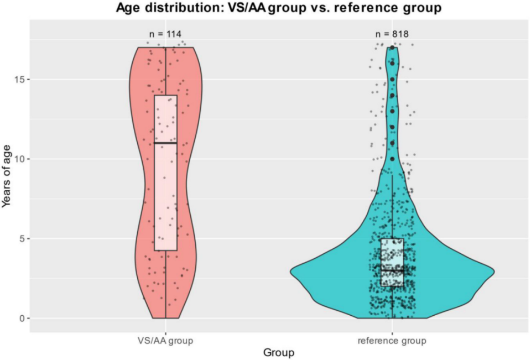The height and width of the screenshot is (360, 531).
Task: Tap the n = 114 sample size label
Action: point(165,34)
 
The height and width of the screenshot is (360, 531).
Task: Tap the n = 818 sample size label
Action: point(392,34)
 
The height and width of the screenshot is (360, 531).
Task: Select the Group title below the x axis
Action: point(278,352)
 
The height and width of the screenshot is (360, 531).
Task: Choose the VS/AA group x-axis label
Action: point(165,339)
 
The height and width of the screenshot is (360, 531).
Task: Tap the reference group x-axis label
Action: point(392,339)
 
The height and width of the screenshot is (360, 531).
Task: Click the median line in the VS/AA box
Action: point(165,143)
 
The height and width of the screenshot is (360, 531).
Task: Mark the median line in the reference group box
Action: point(392,270)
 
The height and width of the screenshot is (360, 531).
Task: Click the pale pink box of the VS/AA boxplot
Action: point(165,194)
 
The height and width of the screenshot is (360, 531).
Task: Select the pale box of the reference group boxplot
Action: point(392,254)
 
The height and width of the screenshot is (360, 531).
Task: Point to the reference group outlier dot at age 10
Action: point(392,159)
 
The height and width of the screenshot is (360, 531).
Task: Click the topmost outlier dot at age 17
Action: point(392,48)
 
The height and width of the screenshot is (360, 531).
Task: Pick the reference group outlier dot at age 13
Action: point(392,111)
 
